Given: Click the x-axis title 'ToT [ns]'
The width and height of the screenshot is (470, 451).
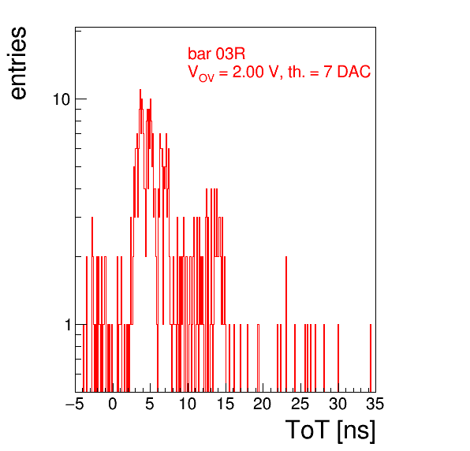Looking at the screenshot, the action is [x=330, y=430].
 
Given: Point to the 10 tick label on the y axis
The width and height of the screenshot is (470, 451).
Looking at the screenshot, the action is [x=62, y=99].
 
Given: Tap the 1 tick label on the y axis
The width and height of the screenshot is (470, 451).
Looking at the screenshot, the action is [x=68, y=325].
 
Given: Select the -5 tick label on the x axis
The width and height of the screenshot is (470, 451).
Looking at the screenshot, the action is [x=75, y=404].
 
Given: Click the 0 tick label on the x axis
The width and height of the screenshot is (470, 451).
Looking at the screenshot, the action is [x=113, y=404].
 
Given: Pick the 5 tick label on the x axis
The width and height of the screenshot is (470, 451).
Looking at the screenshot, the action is [x=150, y=404].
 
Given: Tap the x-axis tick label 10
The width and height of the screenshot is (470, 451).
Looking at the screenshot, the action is [x=188, y=404].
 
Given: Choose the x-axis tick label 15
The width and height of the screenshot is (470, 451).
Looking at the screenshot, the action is [x=226, y=404].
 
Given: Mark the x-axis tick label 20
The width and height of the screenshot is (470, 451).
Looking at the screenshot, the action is [x=263, y=404].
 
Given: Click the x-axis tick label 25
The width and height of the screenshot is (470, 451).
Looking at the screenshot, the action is [x=300, y=404].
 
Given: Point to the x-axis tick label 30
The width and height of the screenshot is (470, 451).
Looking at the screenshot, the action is [x=338, y=404].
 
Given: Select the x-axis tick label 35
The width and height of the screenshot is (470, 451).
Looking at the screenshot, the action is [x=375, y=404].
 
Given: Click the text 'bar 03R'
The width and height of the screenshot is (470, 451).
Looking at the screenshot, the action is [x=216, y=54].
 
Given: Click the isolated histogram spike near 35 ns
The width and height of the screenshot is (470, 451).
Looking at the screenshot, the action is [x=371, y=358].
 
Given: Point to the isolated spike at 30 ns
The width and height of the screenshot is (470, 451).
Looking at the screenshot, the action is [x=338, y=358].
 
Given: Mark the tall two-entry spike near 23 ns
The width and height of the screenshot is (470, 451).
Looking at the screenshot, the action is [x=286, y=324].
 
